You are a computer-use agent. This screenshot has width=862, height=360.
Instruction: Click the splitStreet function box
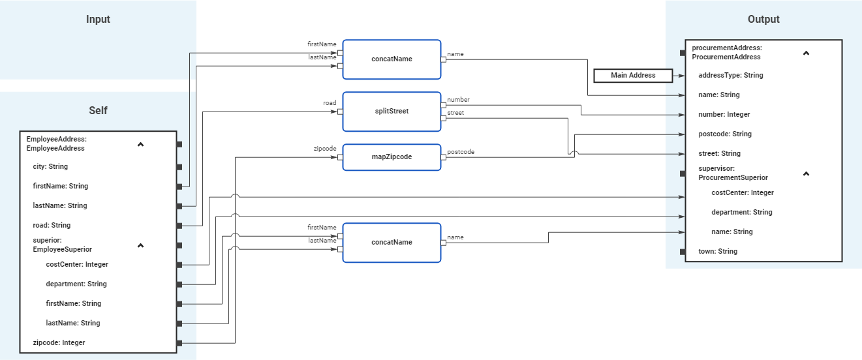pos(392,112)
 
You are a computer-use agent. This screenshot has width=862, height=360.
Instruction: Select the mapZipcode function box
pos(392,157)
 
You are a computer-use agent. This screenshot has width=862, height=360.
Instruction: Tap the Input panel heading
pos(98,20)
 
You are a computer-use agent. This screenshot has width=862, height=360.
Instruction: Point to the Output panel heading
pos(763,20)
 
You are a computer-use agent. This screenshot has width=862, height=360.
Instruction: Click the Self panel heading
pos(98,111)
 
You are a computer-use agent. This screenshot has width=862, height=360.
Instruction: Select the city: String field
pos(50,167)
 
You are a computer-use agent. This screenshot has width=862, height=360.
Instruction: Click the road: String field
pos(52,226)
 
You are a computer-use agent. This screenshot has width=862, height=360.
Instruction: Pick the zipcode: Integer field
pos(59,343)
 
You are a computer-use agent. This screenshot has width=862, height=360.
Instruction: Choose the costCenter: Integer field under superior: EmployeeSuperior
pos(77,265)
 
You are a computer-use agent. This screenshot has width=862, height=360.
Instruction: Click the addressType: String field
pos(730,76)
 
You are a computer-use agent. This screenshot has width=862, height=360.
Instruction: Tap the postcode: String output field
pos(724,134)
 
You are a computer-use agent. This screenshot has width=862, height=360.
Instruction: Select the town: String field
pos(717,252)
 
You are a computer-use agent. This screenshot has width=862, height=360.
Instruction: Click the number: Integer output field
pos(724,115)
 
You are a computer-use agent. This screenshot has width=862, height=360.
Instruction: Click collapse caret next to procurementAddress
pos(806,53)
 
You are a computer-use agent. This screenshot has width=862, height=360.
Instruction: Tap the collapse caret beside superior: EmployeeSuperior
pos(140,246)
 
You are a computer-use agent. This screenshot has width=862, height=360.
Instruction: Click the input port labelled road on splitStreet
pos(340,112)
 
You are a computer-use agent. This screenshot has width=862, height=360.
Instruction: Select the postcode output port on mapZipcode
pos(443,157)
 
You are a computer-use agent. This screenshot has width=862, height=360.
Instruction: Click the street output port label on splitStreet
pos(455,113)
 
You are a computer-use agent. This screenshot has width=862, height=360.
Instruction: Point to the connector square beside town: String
pos(682,252)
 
